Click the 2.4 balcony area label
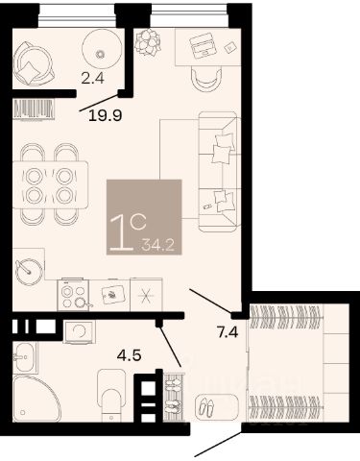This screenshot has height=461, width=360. [x=92, y=78]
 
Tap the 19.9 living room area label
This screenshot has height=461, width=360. [x=106, y=115]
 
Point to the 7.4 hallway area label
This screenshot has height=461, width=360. [x=228, y=332]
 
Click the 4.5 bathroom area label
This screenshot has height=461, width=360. [x=129, y=355]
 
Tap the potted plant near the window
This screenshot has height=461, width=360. [x=148, y=42]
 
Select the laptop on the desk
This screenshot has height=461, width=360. [x=202, y=45]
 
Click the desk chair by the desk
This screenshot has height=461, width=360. [x=206, y=79]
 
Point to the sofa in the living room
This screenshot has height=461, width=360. [x=219, y=171]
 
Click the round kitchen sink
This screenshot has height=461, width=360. [x=29, y=272]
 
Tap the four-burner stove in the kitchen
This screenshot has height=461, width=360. [x=73, y=295]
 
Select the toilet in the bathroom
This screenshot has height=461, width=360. [x=111, y=396]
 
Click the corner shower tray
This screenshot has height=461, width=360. [x=36, y=399]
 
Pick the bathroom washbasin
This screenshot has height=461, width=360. [x=25, y=357]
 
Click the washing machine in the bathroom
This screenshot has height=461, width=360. [x=80, y=331]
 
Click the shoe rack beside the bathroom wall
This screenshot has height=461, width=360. [x=174, y=397]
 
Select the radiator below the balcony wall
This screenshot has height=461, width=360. [x=34, y=109]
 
